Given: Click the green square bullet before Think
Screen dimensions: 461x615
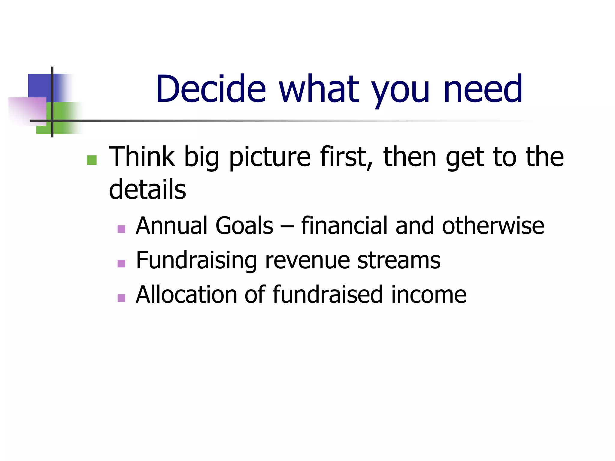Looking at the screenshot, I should tap(92, 160).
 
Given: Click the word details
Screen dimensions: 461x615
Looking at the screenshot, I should tap(147, 189).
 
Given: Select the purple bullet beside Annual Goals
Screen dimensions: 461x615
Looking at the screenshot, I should tap(121, 229).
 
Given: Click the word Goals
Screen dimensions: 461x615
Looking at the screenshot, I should tap(244, 226).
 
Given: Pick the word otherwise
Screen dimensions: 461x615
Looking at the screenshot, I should tap(493, 226).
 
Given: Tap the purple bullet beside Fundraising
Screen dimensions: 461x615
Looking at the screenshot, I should tap(121, 264).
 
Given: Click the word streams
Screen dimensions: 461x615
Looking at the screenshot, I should tap(399, 261).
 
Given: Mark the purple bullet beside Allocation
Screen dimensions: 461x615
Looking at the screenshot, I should tap(121, 298).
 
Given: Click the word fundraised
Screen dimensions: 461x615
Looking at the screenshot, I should tap(328, 295).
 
